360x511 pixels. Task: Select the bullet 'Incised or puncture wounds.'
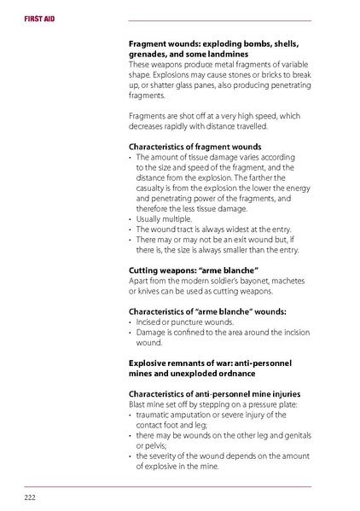(180, 322)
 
